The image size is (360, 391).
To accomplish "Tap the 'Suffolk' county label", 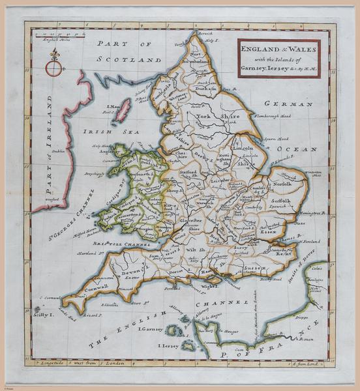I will coord(281,202).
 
